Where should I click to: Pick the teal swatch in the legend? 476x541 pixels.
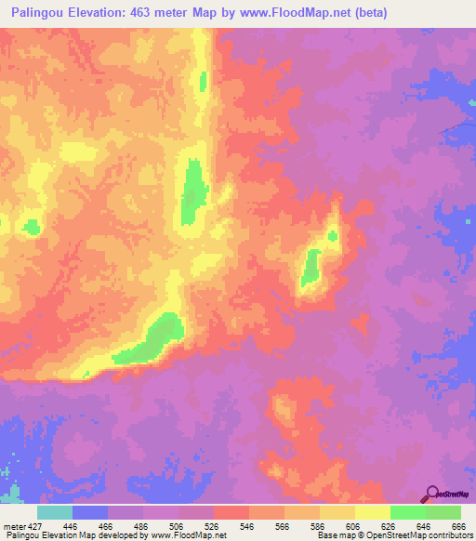point(55,512)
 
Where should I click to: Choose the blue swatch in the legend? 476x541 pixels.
point(90,512)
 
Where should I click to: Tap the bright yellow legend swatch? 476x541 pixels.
point(372,512)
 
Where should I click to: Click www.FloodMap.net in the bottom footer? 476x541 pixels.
point(187,536)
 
